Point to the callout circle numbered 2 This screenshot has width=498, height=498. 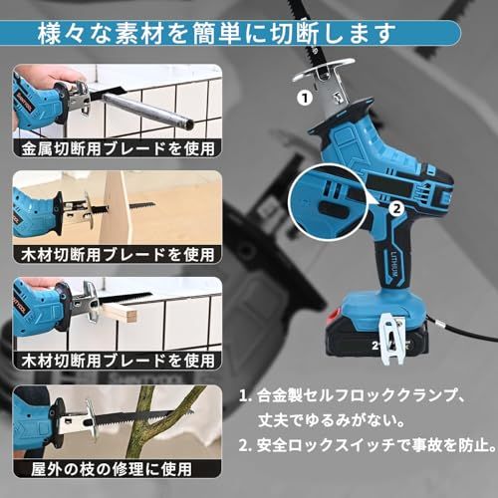(396, 208)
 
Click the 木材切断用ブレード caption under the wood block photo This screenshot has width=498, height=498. (115, 361)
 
